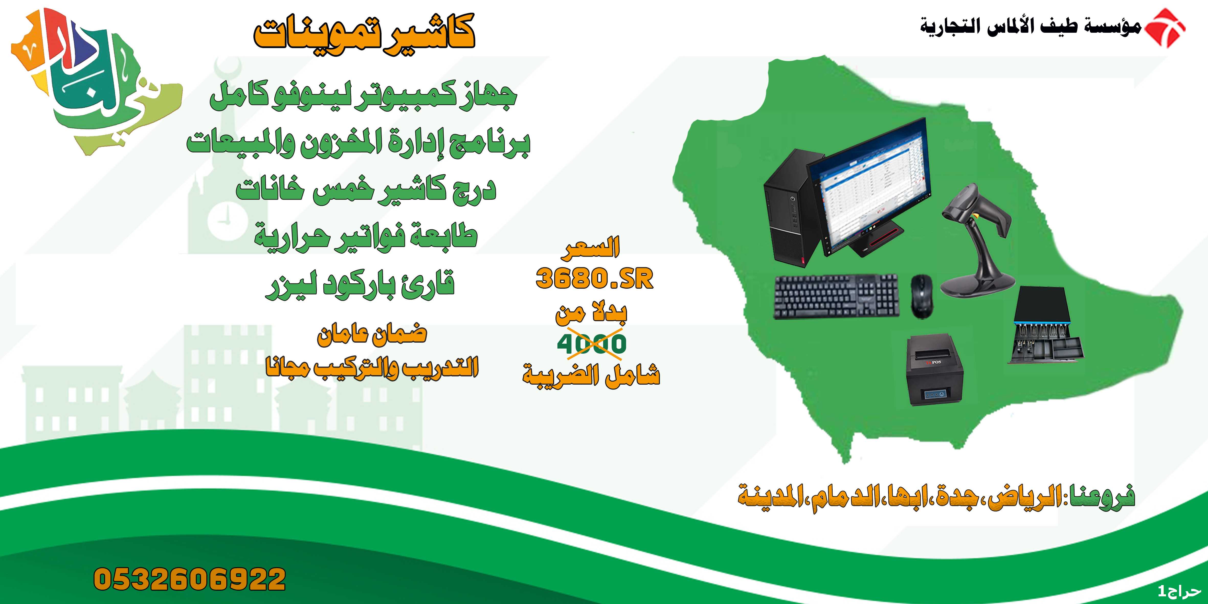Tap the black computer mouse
[922, 296]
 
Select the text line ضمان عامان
[372, 334]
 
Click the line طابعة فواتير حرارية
[366, 237]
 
